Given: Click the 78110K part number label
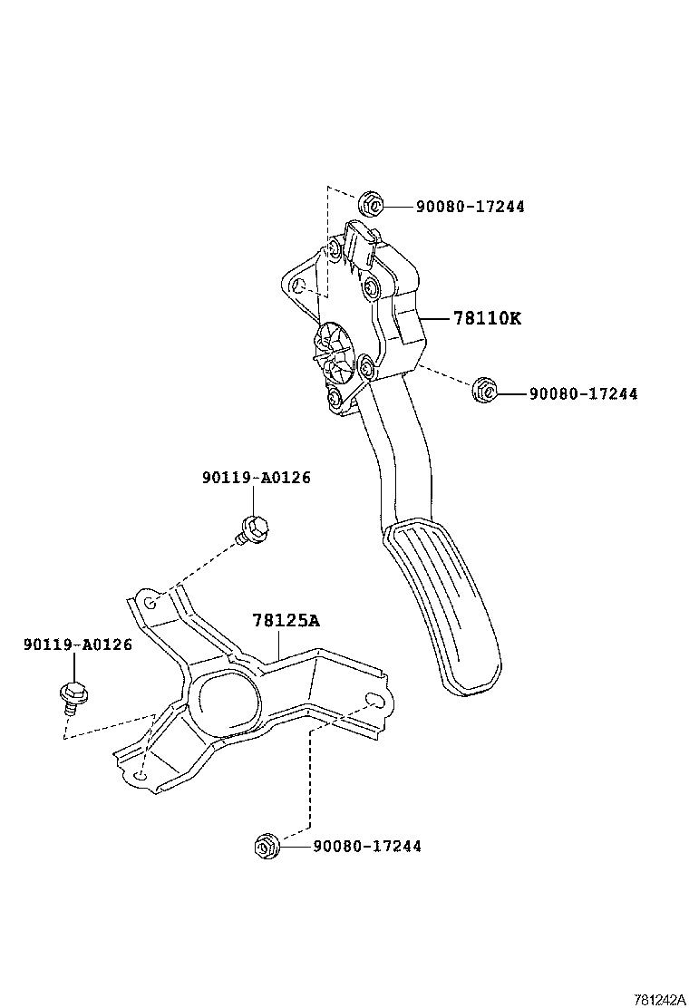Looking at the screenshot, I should point(487,318).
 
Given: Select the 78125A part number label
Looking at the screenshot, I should point(286,621).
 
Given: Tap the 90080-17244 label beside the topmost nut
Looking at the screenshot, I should point(470,207).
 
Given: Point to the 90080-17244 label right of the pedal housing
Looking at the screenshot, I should point(583,393).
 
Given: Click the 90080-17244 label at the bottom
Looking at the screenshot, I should point(366,847).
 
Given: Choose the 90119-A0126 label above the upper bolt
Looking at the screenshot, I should point(256,478).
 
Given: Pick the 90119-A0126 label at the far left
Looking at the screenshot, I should point(78,645).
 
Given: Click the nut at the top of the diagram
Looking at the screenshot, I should point(369,204).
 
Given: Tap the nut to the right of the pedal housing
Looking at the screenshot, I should point(484,391).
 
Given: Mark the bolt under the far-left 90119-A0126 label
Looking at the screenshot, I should point(72,693).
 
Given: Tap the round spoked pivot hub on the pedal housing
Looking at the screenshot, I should point(333,356).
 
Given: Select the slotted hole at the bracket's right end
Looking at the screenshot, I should point(373,699).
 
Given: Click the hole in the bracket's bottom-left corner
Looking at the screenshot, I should point(139,777).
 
